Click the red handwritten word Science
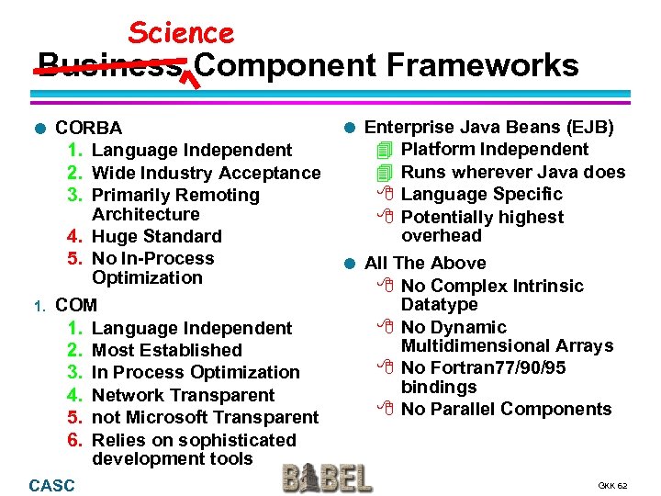[x=181, y=33]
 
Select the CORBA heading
[x=88, y=128]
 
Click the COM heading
[x=75, y=305]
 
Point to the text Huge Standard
[x=157, y=237]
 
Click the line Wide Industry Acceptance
[x=207, y=173]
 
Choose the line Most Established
[x=167, y=350]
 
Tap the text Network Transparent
[x=184, y=395]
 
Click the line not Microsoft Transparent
[x=206, y=417]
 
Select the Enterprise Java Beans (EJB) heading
[x=489, y=128]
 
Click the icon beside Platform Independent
[x=385, y=150]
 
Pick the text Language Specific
[x=482, y=194]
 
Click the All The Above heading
[x=425, y=264]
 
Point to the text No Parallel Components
[x=506, y=409]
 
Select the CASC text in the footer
[x=52, y=485]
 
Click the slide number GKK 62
[x=612, y=485]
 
